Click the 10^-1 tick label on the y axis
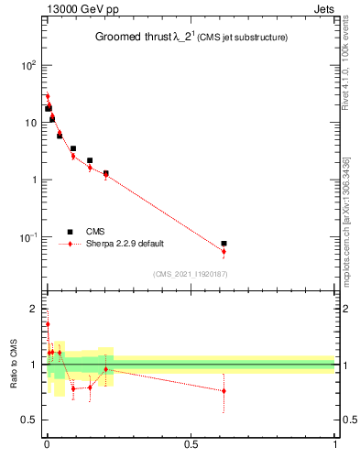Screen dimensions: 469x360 [x=27, y=237]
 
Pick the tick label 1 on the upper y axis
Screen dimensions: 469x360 [x=32, y=180]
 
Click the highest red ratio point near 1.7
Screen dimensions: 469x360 [x=48, y=323]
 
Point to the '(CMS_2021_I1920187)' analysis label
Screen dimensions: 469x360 [x=191, y=274]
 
